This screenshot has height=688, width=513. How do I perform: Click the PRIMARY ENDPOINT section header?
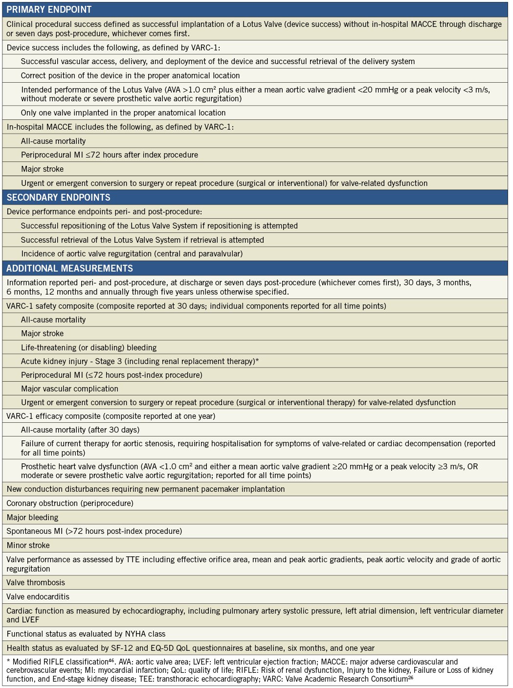49,10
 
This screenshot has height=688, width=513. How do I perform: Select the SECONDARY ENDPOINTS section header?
58,197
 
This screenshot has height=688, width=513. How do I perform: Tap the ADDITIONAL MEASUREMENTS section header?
69,268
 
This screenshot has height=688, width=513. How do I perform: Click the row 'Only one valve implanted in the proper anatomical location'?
123,113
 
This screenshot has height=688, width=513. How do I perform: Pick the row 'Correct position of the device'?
130,75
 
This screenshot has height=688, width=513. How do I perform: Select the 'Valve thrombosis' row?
36,582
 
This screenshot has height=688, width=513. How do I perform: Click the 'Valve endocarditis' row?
38,596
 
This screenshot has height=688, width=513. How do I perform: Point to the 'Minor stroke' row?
28,545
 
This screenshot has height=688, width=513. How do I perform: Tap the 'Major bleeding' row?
32,517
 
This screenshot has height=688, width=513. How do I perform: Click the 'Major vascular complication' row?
69,389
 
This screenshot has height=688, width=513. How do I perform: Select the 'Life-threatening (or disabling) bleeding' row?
89,347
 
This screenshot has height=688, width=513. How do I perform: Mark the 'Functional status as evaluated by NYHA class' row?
86,634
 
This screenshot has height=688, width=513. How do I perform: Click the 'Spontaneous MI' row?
94,531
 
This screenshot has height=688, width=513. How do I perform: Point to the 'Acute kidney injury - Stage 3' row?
140,361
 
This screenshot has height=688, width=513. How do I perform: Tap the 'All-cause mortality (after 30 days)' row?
80,430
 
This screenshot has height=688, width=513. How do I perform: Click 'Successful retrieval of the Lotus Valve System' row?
142,240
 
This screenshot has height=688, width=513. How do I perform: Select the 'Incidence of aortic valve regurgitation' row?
132,253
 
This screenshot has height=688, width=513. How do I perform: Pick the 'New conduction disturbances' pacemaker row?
146,489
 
